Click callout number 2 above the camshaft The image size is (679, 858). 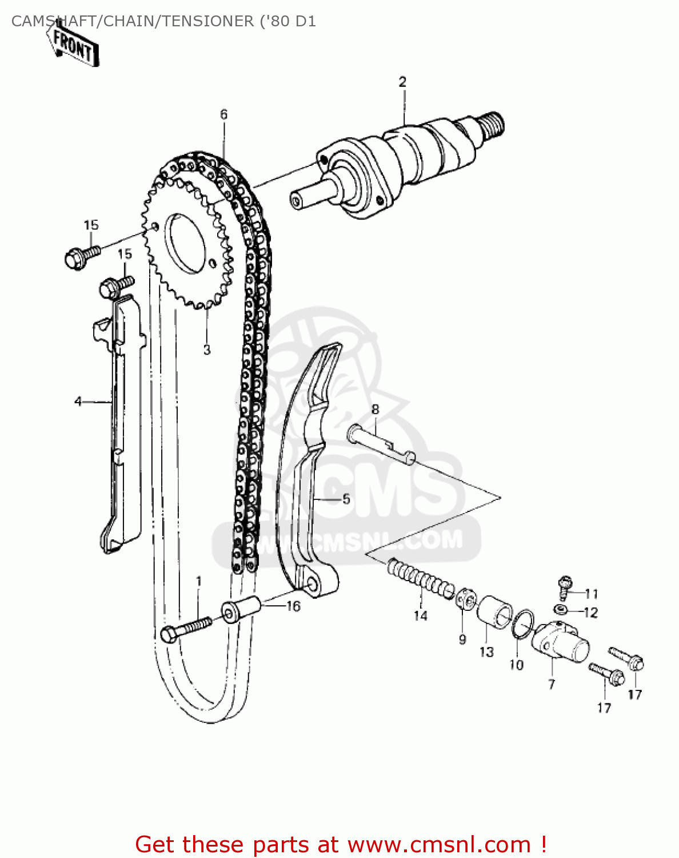(402, 82)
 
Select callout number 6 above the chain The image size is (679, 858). (223, 114)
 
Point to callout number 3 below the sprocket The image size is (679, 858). (207, 349)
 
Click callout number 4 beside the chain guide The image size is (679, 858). (78, 402)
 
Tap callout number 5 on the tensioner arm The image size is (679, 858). (346, 499)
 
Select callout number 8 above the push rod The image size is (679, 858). (375, 409)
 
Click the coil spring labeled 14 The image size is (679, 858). (420, 579)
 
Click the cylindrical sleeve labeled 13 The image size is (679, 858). (495, 615)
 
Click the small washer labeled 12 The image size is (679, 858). (562, 608)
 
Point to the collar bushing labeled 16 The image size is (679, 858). (241, 610)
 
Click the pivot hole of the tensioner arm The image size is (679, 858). (312, 585)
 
